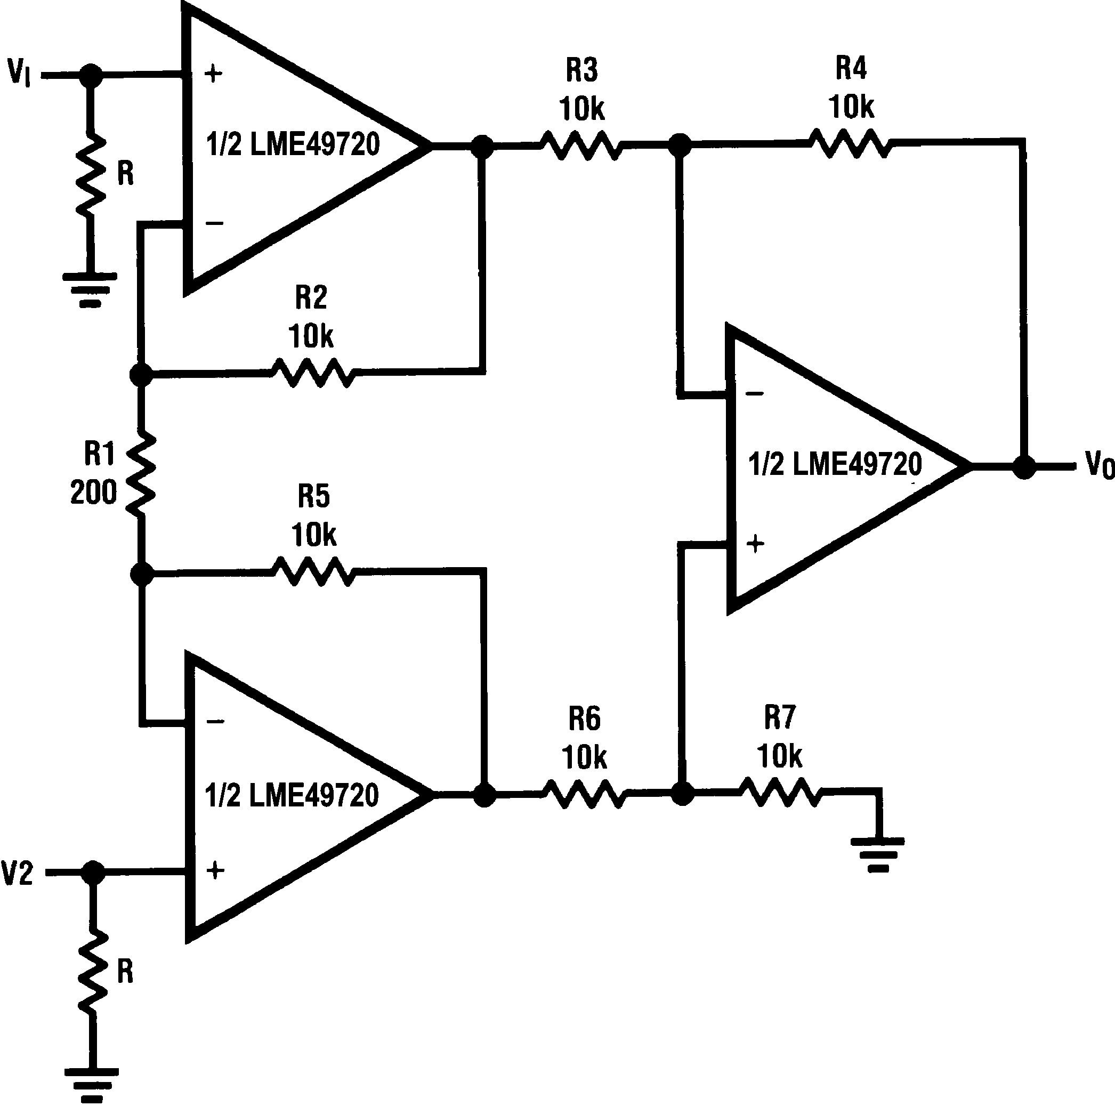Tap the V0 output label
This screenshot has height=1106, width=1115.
point(1099,465)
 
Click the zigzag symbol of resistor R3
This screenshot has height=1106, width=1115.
point(581,146)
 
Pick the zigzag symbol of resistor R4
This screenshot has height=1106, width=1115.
point(850,143)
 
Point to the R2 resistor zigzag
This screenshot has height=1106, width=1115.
point(312,373)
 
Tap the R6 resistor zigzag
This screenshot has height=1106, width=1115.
point(583,794)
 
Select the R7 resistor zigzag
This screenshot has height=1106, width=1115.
point(780,792)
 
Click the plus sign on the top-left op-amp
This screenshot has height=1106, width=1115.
point(214,74)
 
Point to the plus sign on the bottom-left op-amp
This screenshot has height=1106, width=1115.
point(215,870)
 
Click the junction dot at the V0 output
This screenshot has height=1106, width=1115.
point(1024,467)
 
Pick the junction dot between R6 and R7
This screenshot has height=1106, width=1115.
point(683,794)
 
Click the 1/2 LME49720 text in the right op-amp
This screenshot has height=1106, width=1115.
point(835,465)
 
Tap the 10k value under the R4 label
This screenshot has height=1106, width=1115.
point(851,107)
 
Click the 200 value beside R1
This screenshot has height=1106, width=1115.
point(93,493)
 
